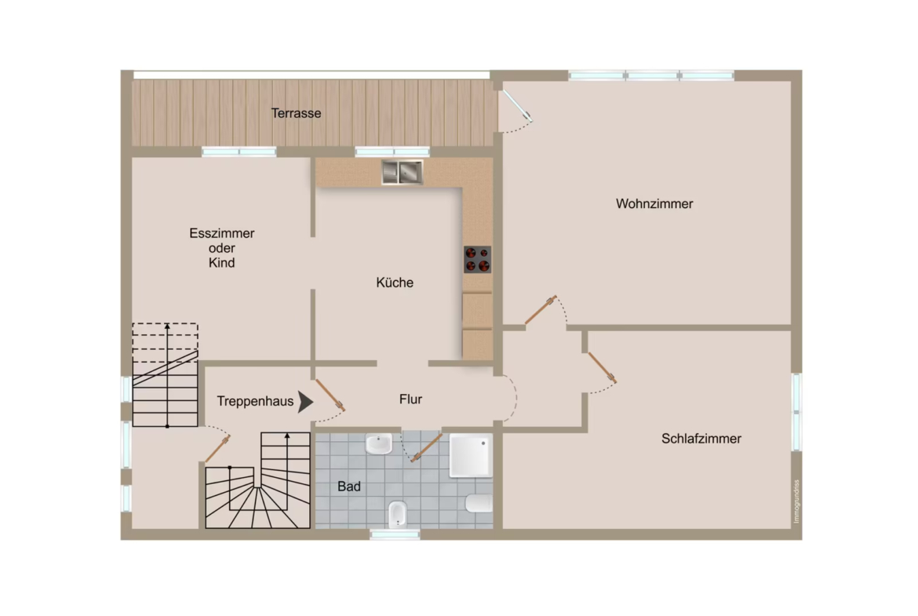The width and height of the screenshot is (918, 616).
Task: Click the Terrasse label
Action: coord(296,113)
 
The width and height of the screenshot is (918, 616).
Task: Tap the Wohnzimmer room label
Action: coord(654,204)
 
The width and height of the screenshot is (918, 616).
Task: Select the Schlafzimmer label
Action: coord(701,439)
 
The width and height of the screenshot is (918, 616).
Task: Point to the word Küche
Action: coord(395,282)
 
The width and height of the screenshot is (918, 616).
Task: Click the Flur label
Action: coord(410,399)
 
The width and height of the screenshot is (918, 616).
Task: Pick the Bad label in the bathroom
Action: coord(349,487)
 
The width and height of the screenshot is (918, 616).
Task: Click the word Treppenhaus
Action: coord(255,401)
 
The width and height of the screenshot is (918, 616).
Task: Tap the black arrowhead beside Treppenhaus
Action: coord(305,403)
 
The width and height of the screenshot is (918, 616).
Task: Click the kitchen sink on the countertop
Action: coord(402,172)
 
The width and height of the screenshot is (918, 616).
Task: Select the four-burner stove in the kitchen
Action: coord(477,260)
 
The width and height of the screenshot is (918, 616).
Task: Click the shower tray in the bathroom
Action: coord(470,456)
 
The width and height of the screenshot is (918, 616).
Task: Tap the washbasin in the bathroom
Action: coord(379,444)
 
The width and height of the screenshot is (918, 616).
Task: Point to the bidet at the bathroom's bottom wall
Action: coord(398,515)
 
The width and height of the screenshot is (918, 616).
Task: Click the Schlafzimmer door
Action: coord(602,367)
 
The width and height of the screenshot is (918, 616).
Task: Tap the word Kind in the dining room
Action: coord(221,263)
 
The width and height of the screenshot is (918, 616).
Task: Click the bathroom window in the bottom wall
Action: coord(395,534)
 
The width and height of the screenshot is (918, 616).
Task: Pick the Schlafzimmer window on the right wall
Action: coord(796,412)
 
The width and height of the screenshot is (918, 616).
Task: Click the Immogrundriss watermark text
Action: coord(796,501)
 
